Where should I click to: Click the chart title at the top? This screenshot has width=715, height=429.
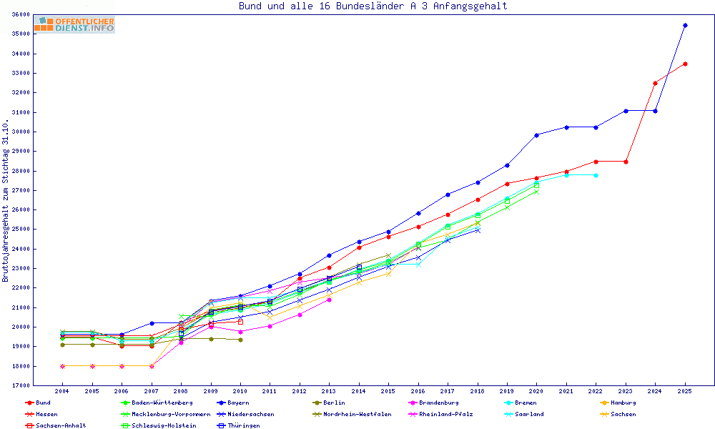373,6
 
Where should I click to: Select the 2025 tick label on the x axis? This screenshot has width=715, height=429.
685,392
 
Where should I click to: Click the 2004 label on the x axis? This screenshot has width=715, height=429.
62,392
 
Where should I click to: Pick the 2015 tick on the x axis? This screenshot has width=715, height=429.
388,392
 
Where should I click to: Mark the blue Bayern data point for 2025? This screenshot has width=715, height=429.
685,25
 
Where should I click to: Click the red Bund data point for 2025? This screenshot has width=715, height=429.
685,64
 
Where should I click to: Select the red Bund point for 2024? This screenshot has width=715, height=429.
655,83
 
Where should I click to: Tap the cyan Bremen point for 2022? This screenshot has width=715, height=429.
596,175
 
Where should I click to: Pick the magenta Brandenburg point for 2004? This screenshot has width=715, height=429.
62,366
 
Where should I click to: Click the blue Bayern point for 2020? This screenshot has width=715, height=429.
536,134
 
